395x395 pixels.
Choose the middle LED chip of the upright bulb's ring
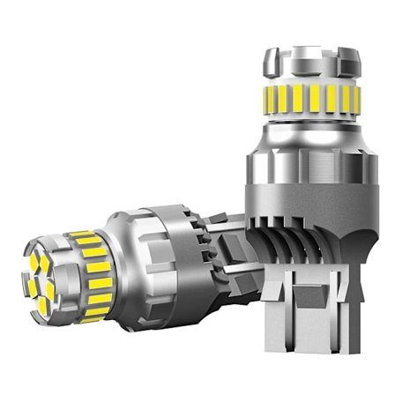(x=310, y=99)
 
